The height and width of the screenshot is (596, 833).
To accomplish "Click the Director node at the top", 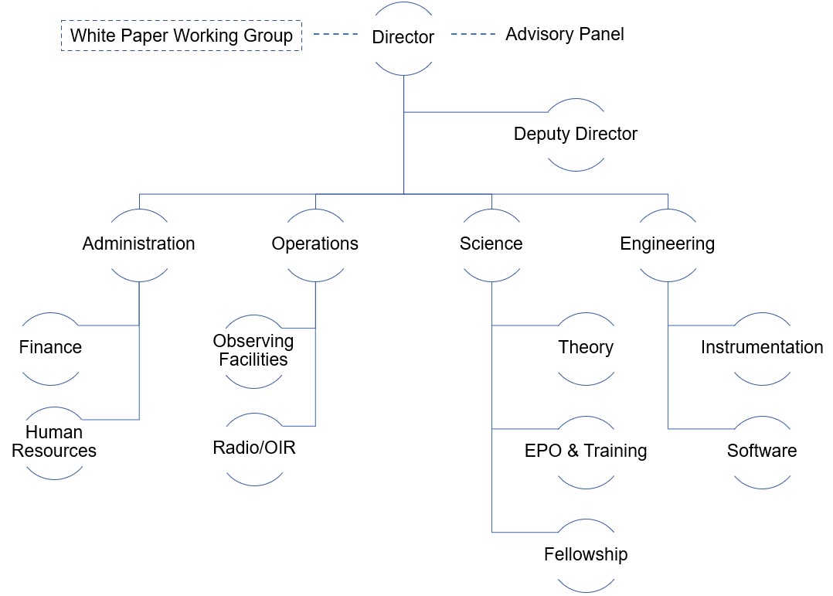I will coord(403,37).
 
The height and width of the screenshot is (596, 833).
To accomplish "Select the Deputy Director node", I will coord(576,134).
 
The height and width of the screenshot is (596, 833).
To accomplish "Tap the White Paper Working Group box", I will coord(181,36).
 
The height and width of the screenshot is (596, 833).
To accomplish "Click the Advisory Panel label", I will coord(564,35).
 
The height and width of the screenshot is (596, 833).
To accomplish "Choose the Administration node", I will coord(139,244).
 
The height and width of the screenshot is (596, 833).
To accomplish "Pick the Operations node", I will coord(314,244).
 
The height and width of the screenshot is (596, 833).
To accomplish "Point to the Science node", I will coord(491,244).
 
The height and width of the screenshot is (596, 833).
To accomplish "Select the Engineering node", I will coord(667,244).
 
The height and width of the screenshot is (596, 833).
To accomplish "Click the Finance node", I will coord(51,347).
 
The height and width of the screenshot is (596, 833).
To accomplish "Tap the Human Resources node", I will coord(54,441).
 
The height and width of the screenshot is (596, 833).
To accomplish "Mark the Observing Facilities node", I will coord(253,350).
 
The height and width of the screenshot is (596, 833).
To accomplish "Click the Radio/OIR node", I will coord(253,448).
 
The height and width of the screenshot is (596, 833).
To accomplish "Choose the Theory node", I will coord(586,347).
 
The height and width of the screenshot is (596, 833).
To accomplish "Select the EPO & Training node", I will coord(586,451).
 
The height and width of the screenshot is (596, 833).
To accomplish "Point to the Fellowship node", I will coord(586,554).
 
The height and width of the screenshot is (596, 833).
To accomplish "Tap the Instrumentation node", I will coord(761,347).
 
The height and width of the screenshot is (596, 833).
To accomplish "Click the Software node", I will coord(761,451).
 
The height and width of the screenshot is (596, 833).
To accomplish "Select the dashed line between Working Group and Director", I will coord(336,35).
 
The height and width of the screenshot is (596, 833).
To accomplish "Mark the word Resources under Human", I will coord(54,451).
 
